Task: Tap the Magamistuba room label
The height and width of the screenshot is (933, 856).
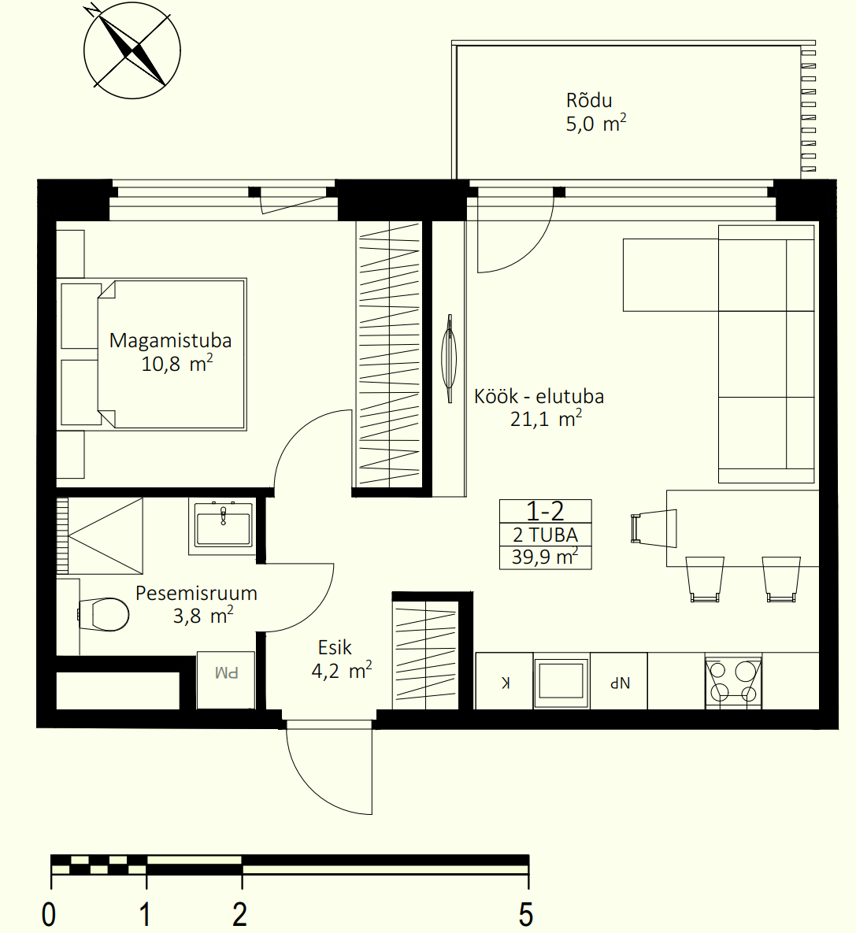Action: tap(170, 340)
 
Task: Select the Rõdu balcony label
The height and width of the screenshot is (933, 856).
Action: tap(589, 100)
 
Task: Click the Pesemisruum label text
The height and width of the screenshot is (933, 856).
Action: tap(196, 593)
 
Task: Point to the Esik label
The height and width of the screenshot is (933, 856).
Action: tap(335, 647)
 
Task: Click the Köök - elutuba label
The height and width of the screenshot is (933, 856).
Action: tap(539, 396)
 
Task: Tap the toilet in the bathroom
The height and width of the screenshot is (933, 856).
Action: tap(104, 614)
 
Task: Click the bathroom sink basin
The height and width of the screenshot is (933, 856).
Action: tap(223, 524)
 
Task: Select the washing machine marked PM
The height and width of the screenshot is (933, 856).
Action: tap(226, 680)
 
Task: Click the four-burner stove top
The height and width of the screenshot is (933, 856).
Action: tap(733, 682)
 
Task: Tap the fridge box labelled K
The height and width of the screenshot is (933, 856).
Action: tap(505, 681)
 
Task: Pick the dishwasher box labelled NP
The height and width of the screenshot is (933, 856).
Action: tap(619, 681)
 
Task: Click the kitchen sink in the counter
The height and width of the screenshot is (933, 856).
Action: tap(561, 681)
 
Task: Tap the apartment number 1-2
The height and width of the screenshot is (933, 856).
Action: tap(545, 511)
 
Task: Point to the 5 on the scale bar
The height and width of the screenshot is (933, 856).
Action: tap(525, 914)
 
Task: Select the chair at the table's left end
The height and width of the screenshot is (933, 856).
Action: tap(654, 528)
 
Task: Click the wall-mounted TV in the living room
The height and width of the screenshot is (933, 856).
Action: tap(450, 359)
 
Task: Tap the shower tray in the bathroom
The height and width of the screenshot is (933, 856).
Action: tap(100, 536)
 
